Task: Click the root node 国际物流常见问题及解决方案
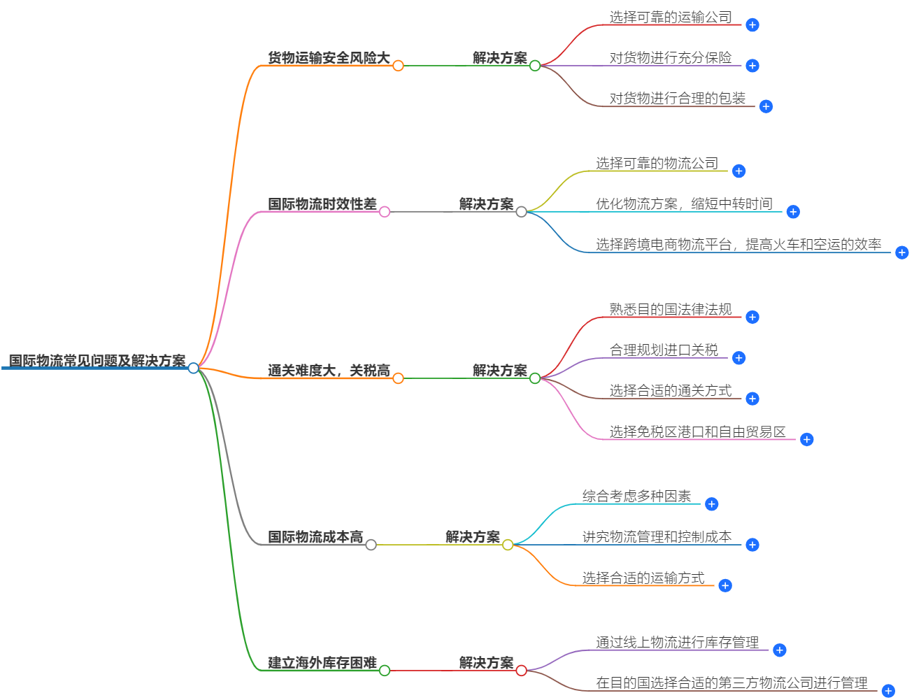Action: click(97, 361)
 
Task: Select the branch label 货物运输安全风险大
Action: click(329, 58)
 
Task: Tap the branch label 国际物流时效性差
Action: click(322, 204)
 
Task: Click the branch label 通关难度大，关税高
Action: click(329, 371)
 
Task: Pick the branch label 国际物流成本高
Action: click(315, 537)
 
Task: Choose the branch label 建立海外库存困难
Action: click(322, 663)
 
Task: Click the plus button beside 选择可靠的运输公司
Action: click(752, 25)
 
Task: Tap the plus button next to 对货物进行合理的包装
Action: click(766, 107)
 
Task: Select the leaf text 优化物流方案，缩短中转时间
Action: click(684, 204)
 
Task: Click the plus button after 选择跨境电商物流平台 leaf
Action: click(902, 252)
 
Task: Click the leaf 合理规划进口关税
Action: click(664, 350)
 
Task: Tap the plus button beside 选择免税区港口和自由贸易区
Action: click(807, 440)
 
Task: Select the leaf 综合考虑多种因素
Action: click(636, 497)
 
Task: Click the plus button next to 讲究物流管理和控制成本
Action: click(752, 545)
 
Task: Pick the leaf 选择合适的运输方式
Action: click(643, 578)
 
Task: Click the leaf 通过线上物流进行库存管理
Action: click(677, 643)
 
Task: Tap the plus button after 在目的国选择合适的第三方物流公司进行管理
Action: click(888, 691)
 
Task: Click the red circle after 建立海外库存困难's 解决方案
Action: click(521, 671)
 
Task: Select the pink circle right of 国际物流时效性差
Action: click(385, 212)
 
